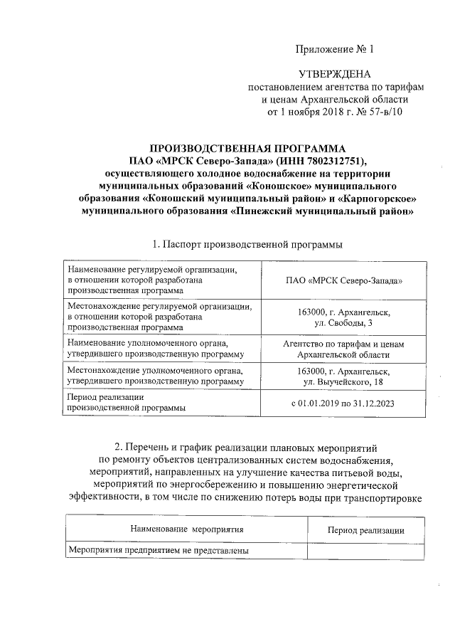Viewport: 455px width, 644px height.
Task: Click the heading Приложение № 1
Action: tap(333, 49)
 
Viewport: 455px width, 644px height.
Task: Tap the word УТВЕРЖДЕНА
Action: tap(333, 75)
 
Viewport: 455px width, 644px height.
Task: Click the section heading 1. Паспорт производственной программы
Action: tap(247, 245)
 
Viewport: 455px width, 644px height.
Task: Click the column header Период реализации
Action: tap(365, 530)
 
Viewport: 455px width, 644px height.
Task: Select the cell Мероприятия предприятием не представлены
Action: tap(158, 551)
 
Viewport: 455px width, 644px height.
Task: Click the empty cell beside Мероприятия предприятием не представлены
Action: tap(365, 551)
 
